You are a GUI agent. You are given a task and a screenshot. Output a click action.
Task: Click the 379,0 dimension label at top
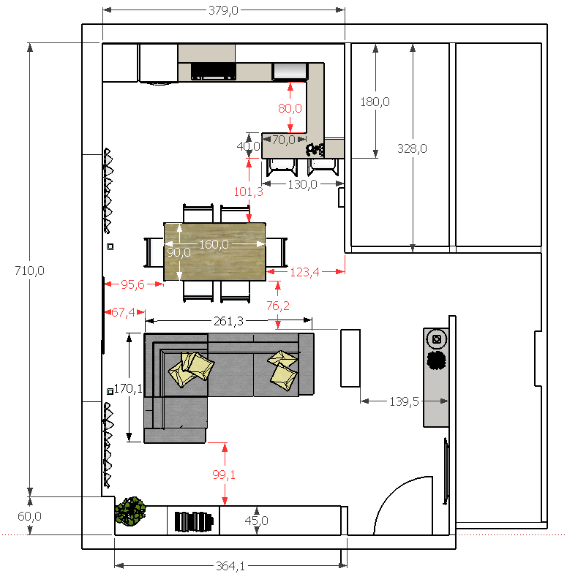[x=223, y=10]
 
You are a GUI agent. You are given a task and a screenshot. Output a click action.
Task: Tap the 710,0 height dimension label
[x=30, y=271]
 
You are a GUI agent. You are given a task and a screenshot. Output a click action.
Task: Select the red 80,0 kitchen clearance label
[x=290, y=108]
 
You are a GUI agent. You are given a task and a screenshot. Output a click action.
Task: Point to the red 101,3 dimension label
[x=249, y=192]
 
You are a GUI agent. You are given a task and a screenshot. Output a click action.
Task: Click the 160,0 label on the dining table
[x=214, y=244]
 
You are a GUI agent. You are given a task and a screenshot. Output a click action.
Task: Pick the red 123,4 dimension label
[x=304, y=272]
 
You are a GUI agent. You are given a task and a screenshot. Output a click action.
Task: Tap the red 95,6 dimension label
[x=132, y=284]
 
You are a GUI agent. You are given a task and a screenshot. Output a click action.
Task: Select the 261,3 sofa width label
[x=228, y=321]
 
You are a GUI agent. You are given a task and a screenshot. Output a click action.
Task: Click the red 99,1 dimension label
[x=224, y=475]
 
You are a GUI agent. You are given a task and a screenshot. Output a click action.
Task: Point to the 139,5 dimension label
[x=404, y=401]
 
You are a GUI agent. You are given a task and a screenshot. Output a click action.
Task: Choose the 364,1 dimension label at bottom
[x=230, y=566]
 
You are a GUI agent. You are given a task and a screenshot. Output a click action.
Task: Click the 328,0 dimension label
[x=412, y=148]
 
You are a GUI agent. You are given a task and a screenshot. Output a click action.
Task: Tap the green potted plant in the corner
[x=130, y=512]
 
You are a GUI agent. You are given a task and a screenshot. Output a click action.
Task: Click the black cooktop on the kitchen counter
[x=214, y=71]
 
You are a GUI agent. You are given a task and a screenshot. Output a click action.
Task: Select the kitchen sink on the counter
[x=290, y=71]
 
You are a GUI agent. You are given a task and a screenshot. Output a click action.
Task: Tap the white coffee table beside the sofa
[x=350, y=358]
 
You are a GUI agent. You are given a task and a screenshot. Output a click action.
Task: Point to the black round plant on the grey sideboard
[x=437, y=360]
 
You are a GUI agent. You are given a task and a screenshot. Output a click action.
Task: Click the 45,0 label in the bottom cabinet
[x=257, y=521]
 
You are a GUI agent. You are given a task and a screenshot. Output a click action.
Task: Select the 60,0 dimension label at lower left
[x=30, y=516]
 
